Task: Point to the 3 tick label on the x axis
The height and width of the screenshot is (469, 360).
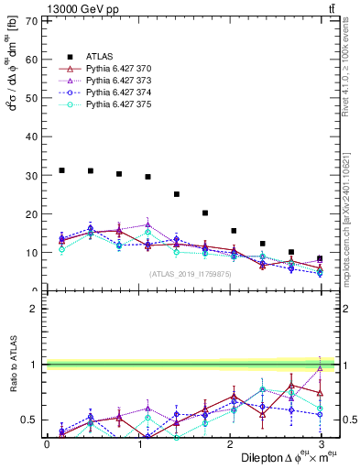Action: point(322,443)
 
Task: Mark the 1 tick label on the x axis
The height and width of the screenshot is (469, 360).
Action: point(138,443)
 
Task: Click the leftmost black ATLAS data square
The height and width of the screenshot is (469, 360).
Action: point(61,170)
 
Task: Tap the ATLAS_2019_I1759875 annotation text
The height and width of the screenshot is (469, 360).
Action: point(191,274)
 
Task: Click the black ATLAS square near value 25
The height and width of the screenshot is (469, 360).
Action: point(177,194)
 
